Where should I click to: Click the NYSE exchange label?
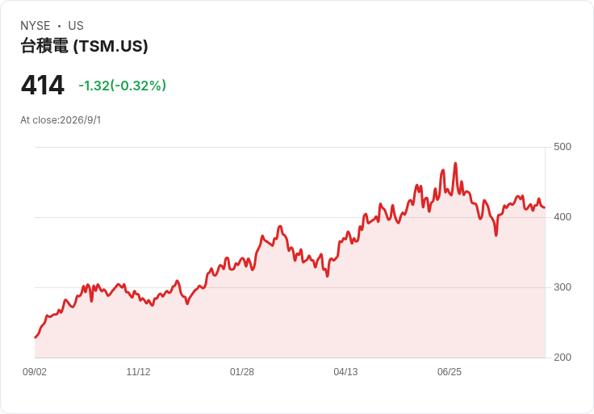36,26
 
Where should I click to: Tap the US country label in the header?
76,26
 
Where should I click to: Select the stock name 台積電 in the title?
44,46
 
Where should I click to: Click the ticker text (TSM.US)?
111,46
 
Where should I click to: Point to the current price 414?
43,86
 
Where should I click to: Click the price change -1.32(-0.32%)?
123,86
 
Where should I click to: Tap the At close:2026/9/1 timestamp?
61,120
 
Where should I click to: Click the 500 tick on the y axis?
563,147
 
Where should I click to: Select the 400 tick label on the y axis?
563,217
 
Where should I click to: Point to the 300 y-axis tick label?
563,287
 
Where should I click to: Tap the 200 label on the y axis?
563,358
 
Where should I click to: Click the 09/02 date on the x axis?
35,372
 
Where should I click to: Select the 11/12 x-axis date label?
138,372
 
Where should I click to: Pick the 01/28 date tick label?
242,372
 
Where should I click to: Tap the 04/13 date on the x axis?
345,372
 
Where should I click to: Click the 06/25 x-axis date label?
450,372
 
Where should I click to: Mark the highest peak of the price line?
455,164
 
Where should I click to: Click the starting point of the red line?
36,337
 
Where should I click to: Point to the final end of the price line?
545,207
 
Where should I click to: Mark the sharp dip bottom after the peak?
496,235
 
